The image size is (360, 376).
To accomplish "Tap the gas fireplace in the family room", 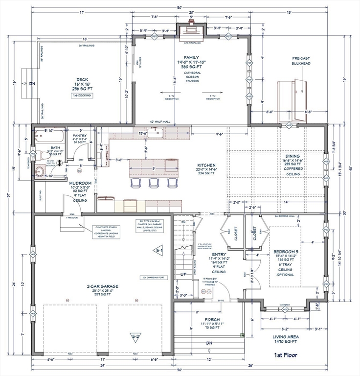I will pos(191,34).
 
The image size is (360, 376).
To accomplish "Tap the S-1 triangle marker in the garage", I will pos(159,250).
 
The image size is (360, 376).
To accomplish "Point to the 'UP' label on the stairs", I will pos(184,274).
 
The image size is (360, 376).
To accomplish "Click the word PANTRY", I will pos(80,135).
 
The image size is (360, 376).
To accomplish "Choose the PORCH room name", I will pos(212,319).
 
